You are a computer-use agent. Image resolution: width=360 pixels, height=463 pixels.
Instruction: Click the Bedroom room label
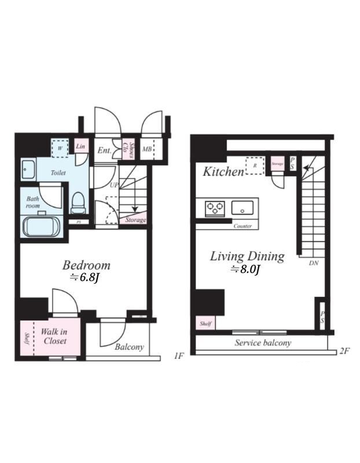[86, 266]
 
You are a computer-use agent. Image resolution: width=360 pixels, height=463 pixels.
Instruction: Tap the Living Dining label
[247, 256]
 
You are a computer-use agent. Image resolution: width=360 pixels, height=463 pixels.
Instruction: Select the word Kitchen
[223, 171]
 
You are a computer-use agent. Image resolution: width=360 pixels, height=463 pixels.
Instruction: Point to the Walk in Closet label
[54, 337]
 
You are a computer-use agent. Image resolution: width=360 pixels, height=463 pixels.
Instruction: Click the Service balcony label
[263, 343]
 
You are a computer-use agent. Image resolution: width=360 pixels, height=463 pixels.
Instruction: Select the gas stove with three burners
[214, 207]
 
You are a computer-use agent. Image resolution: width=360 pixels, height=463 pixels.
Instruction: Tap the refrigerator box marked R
[254, 165]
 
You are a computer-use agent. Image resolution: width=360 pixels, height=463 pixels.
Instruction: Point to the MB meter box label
[147, 150]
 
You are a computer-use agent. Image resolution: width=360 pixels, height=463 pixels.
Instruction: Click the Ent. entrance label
[104, 150]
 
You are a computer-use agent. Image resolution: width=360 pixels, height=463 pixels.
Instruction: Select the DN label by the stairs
[314, 263]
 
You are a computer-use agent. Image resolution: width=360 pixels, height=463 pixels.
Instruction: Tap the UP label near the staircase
[114, 185]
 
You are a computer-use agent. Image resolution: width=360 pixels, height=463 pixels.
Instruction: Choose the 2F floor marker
[346, 351]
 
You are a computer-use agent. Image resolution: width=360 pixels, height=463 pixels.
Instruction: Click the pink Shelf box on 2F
[205, 324]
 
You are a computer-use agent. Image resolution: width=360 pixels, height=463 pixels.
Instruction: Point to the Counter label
[243, 226]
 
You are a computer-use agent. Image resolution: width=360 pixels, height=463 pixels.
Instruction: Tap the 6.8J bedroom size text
[85, 278]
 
